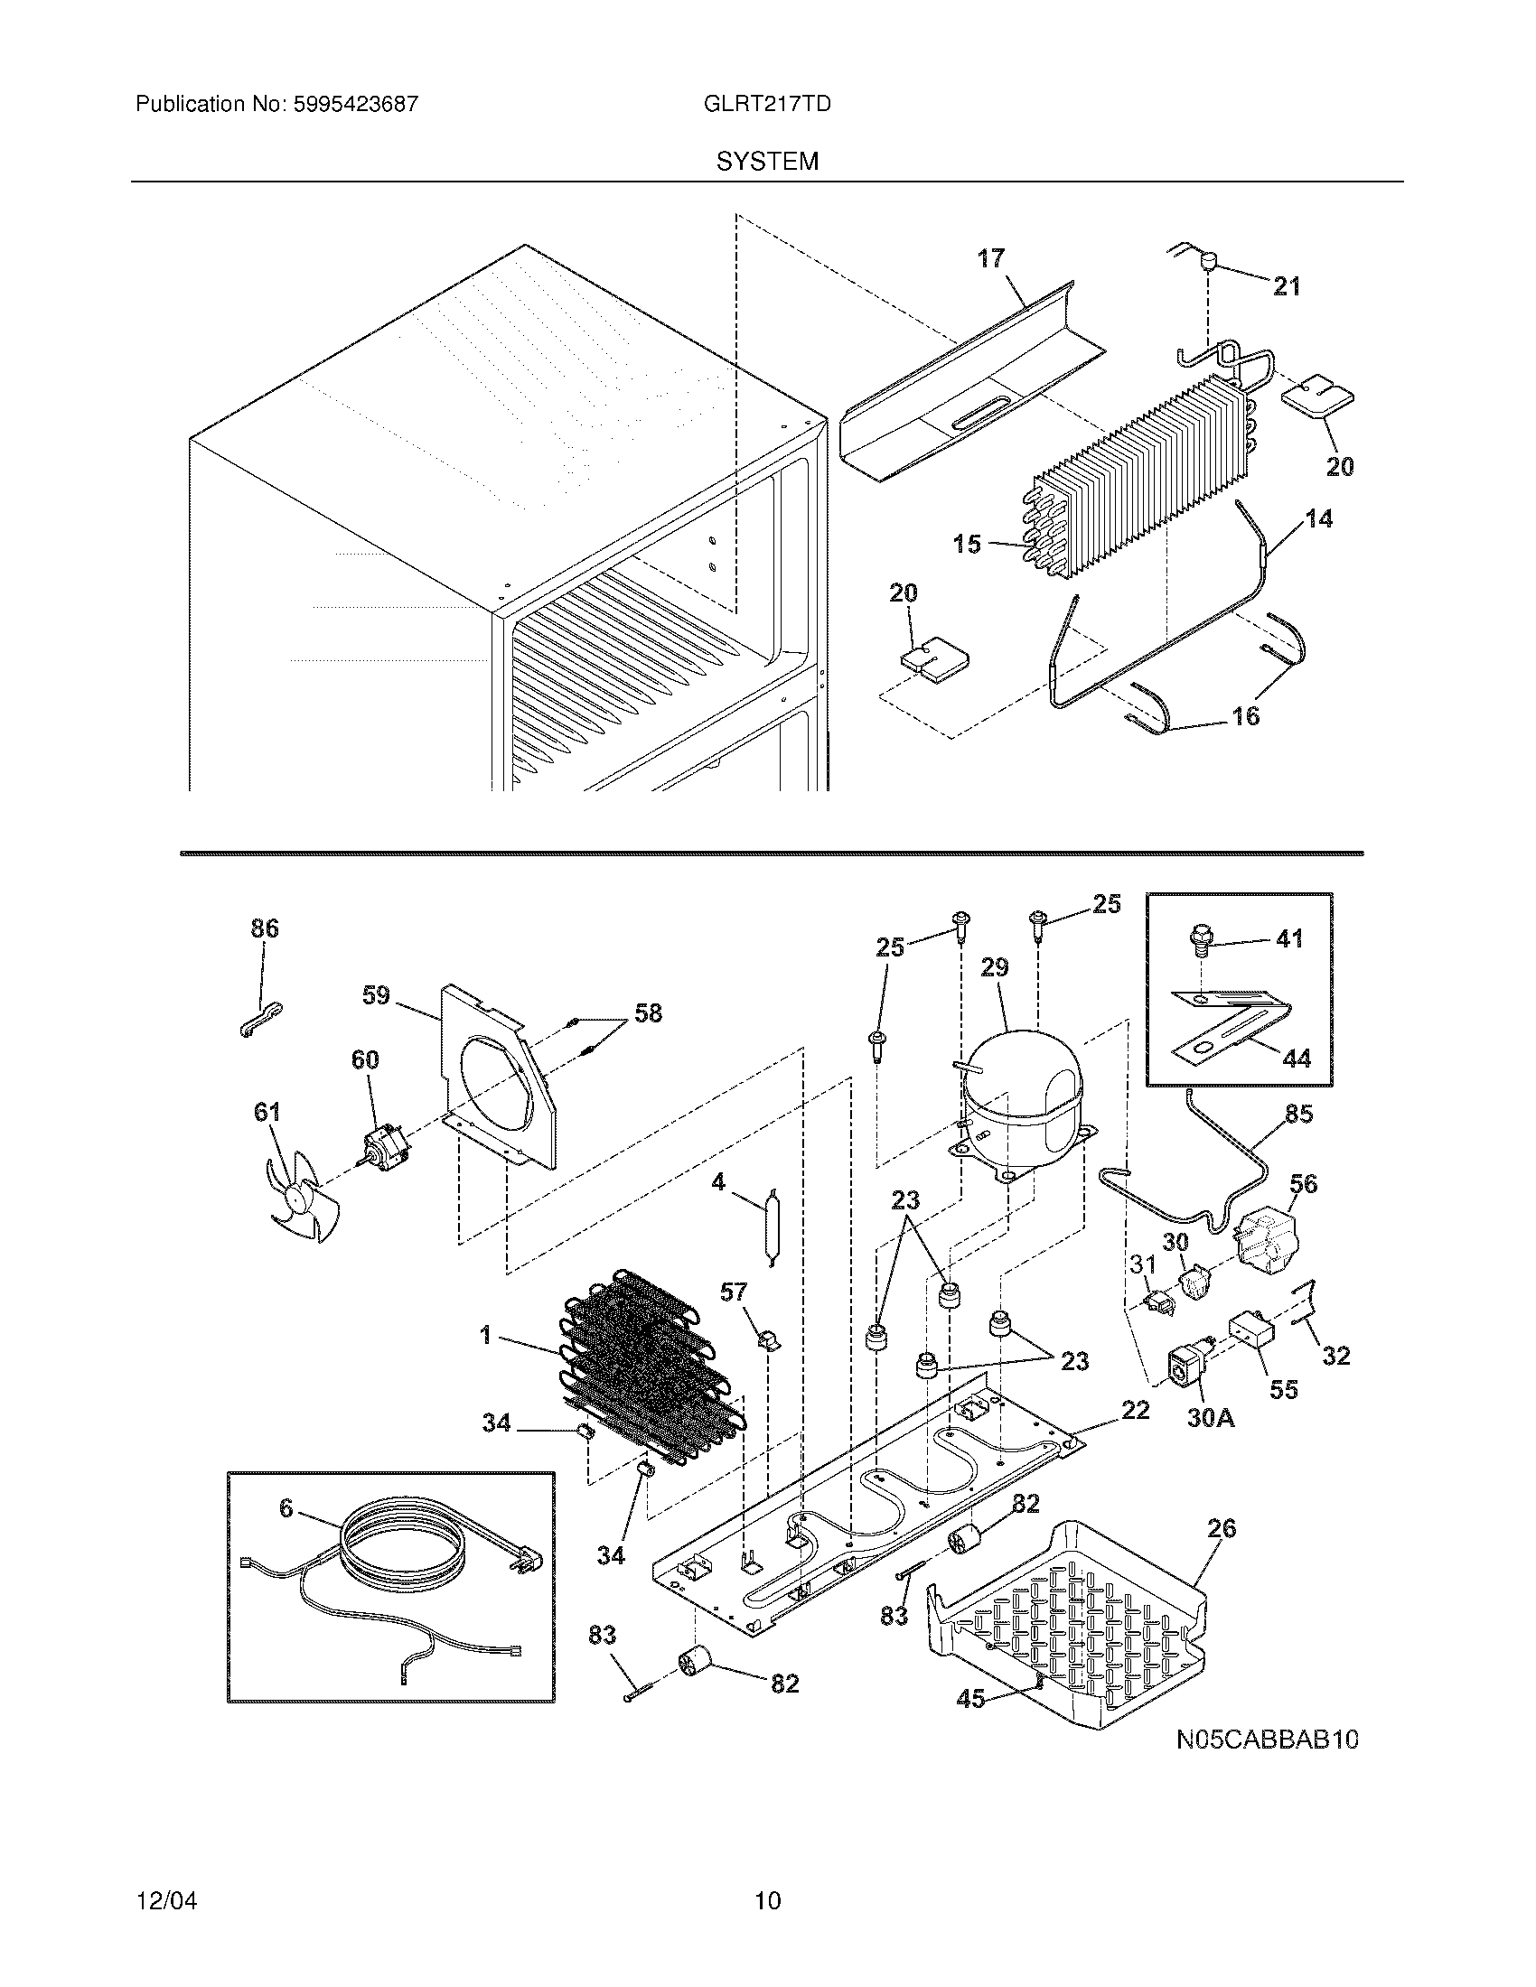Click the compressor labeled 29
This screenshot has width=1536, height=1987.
pyautogui.click(x=1024, y=1105)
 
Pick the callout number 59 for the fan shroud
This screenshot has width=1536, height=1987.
pyautogui.click(x=376, y=995)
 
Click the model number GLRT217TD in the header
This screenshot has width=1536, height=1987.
pyautogui.click(x=766, y=104)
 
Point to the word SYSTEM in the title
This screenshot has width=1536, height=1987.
pyautogui.click(x=767, y=162)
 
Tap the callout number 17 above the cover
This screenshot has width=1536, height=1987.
pyautogui.click(x=991, y=258)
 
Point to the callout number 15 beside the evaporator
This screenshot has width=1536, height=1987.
pyautogui.click(x=967, y=544)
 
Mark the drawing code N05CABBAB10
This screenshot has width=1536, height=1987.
pyautogui.click(x=1267, y=1740)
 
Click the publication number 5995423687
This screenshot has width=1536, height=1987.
pyautogui.click(x=355, y=104)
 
